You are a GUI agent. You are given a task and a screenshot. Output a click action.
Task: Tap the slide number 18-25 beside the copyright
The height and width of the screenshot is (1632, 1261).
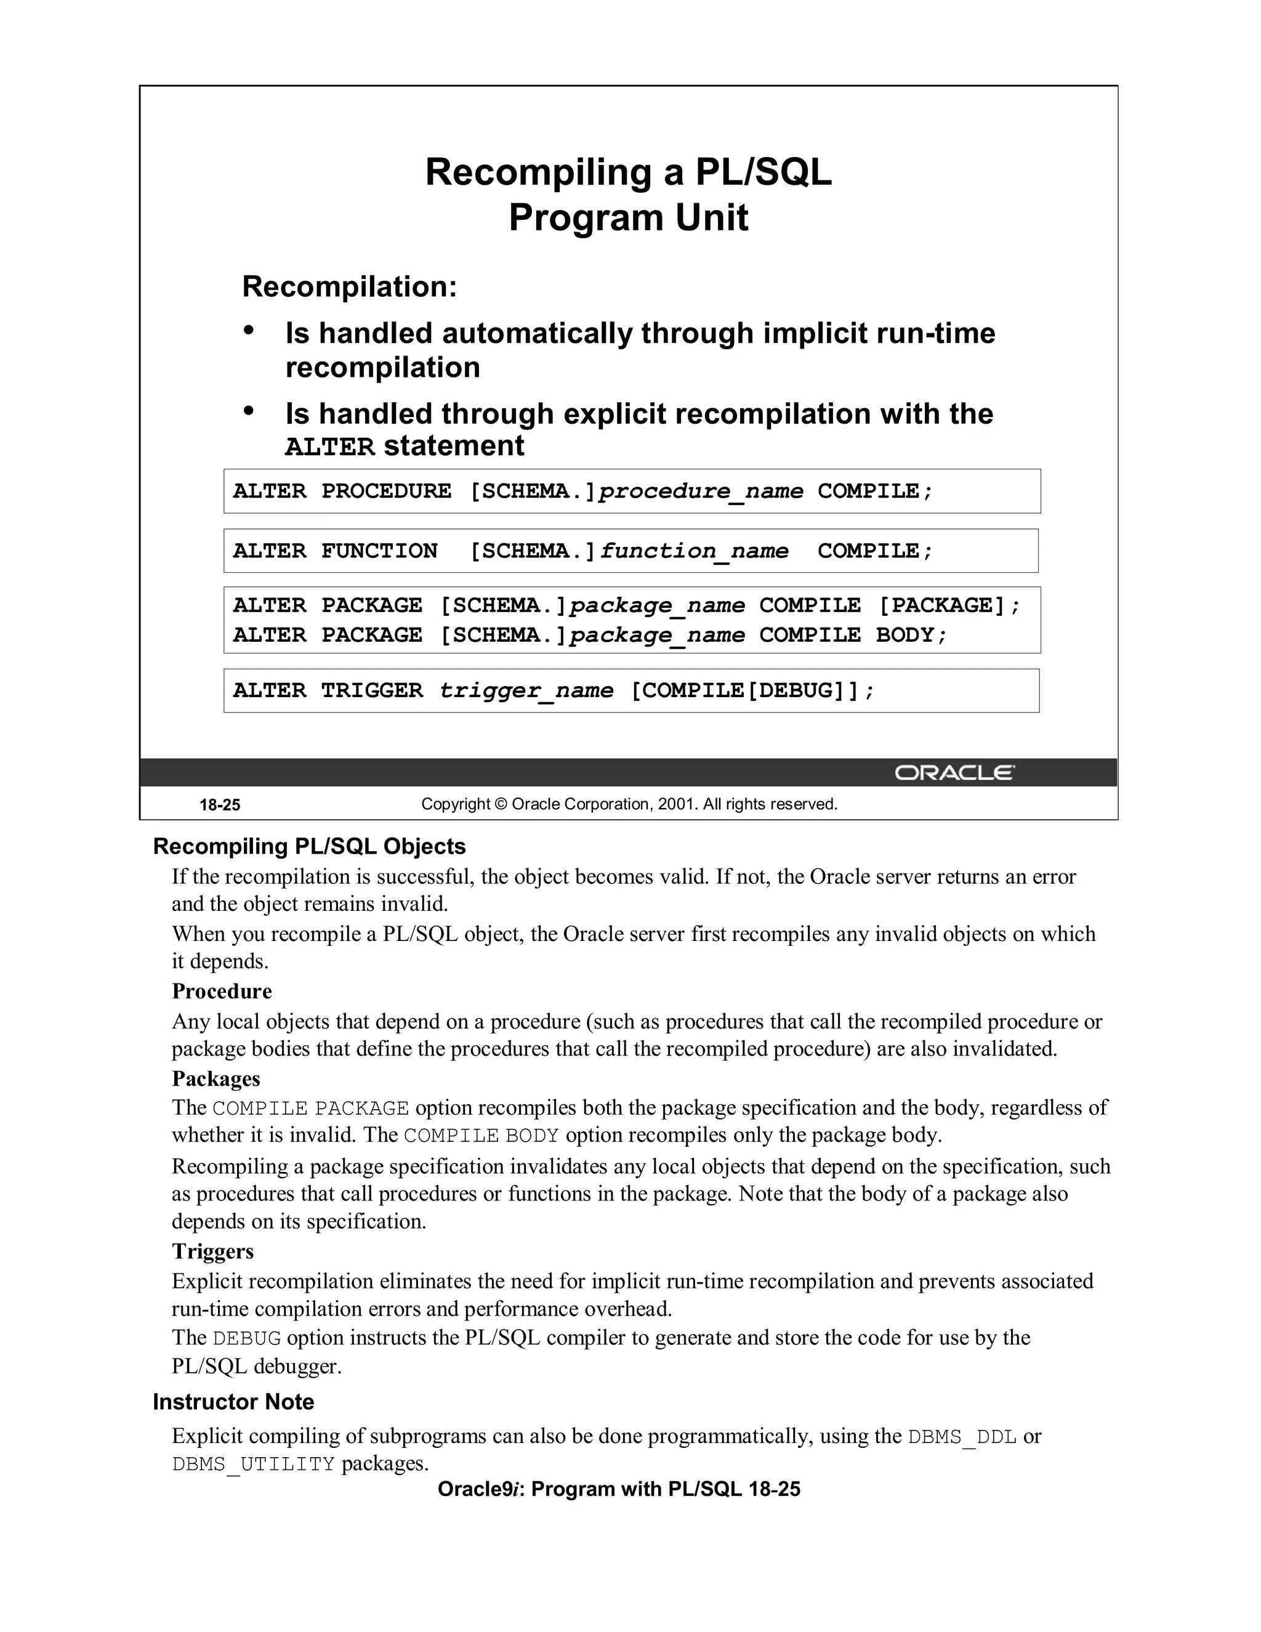coord(220,805)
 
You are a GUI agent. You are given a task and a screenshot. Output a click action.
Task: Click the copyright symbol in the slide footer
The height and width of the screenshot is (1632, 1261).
coord(500,804)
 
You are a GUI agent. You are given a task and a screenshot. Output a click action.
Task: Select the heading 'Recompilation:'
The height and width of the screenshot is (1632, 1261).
coord(349,287)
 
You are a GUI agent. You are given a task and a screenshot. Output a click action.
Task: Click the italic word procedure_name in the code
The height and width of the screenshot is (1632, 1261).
coord(701,491)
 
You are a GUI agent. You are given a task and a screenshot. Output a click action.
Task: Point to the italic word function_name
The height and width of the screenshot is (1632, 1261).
coord(693,551)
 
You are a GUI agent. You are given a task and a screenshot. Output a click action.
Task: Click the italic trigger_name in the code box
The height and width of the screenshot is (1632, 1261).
coord(526,690)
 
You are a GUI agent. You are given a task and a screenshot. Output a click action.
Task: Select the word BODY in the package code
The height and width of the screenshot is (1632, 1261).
coord(904,635)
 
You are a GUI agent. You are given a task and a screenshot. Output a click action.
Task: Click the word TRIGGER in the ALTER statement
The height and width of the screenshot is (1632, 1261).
coord(371,690)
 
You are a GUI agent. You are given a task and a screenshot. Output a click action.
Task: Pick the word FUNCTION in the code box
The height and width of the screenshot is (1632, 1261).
coord(379,551)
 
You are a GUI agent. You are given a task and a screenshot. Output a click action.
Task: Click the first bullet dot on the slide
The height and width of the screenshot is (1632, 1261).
coord(249,330)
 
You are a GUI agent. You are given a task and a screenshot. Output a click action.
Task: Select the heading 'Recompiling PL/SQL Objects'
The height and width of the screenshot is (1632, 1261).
coord(309,846)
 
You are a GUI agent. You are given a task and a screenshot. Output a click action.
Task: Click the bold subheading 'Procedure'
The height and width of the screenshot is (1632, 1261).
coord(222,991)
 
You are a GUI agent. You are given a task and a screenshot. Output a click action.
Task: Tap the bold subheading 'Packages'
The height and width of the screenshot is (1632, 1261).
coord(216,1078)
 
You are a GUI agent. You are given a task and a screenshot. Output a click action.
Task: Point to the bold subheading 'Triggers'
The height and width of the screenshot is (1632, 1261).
coord(213,1251)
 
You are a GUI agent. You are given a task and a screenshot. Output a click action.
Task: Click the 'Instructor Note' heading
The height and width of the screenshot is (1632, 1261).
coord(233,1401)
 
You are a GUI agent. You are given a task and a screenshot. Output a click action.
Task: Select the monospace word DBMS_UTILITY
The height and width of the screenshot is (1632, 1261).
coord(253,1464)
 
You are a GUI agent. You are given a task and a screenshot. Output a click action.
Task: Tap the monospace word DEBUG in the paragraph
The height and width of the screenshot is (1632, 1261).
coord(246,1338)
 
